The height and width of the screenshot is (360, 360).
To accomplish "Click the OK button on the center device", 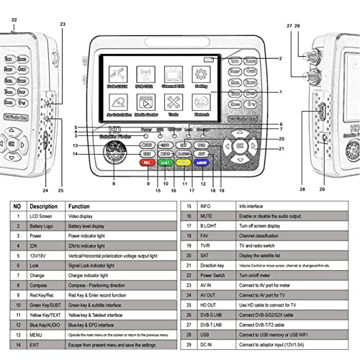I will tap(239, 145).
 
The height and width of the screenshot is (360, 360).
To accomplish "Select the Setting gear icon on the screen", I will tap(202, 75).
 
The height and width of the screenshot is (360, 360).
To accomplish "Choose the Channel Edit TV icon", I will tap(173, 75).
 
